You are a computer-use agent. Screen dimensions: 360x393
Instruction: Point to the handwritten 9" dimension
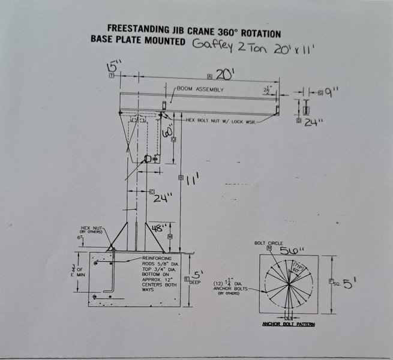(x=333, y=92)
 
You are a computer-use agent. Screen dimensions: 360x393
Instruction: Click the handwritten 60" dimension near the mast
(x=168, y=130)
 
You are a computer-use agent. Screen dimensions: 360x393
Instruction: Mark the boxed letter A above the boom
(x=209, y=77)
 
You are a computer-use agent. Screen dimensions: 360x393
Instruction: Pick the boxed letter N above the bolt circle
(x=270, y=248)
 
